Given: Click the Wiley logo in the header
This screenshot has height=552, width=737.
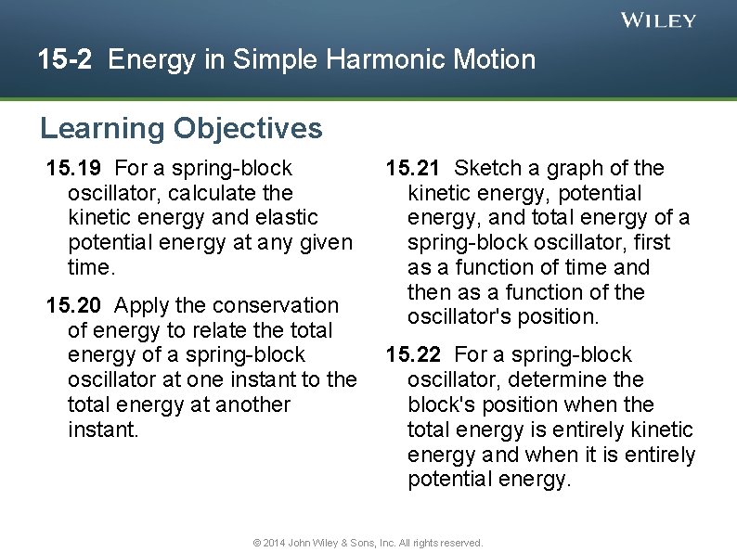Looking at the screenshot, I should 658,20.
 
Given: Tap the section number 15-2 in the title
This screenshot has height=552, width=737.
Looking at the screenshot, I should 65,60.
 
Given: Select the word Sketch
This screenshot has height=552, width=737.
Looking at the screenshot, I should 488,168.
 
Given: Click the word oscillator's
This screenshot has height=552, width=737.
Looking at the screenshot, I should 453,316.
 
